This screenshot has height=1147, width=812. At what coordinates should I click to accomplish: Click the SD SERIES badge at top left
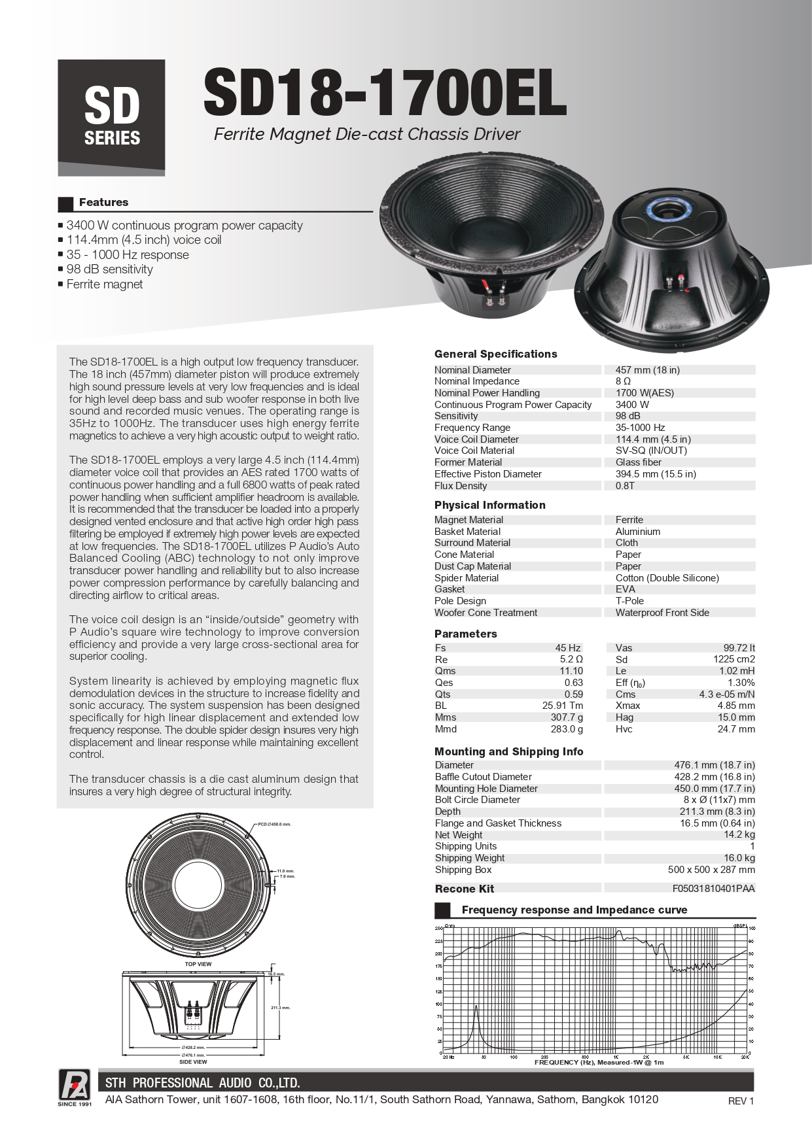coord(111,117)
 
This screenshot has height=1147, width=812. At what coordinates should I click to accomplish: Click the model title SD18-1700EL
coord(385,93)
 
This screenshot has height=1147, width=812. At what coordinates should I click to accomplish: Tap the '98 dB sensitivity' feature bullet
coord(109,269)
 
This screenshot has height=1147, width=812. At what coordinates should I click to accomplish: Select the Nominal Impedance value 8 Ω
coord(623,381)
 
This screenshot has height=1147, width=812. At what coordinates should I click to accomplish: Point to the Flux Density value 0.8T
coord(625,486)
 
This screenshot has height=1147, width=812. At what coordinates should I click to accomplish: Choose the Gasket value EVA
coord(625,589)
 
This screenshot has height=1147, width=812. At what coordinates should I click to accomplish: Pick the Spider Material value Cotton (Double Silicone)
coord(667,578)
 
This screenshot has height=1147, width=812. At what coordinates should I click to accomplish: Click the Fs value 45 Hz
coord(568,648)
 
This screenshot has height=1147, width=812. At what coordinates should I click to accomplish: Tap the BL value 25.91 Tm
coord(562,706)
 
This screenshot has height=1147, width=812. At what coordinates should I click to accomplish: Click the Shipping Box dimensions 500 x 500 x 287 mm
coord(711,870)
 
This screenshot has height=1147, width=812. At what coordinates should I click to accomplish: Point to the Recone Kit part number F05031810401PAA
coord(713,889)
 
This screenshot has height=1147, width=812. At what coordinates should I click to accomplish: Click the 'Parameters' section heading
coord(465,634)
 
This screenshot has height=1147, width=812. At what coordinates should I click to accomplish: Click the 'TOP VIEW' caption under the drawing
coord(198,964)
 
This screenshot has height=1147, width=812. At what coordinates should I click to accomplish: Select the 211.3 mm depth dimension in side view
coord(280,1008)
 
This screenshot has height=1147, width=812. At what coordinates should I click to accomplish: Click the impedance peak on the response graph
coord(476,1008)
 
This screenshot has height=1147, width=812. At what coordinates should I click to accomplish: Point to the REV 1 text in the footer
coord(741,1101)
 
